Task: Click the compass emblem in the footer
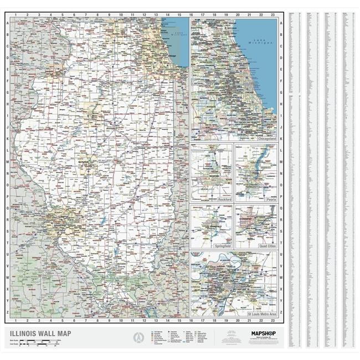pos(138,336)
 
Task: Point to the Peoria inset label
pos(270,198)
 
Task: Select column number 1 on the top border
pos(16,15)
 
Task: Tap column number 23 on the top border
pos(273,15)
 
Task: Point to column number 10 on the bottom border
pos(121,320)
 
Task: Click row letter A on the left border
pos(8,23)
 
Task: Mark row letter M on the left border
pos(8,162)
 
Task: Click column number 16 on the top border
pos(191,15)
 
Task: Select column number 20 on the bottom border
pos(238,320)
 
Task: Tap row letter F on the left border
pos(8,81)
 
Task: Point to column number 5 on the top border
pos(62,15)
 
